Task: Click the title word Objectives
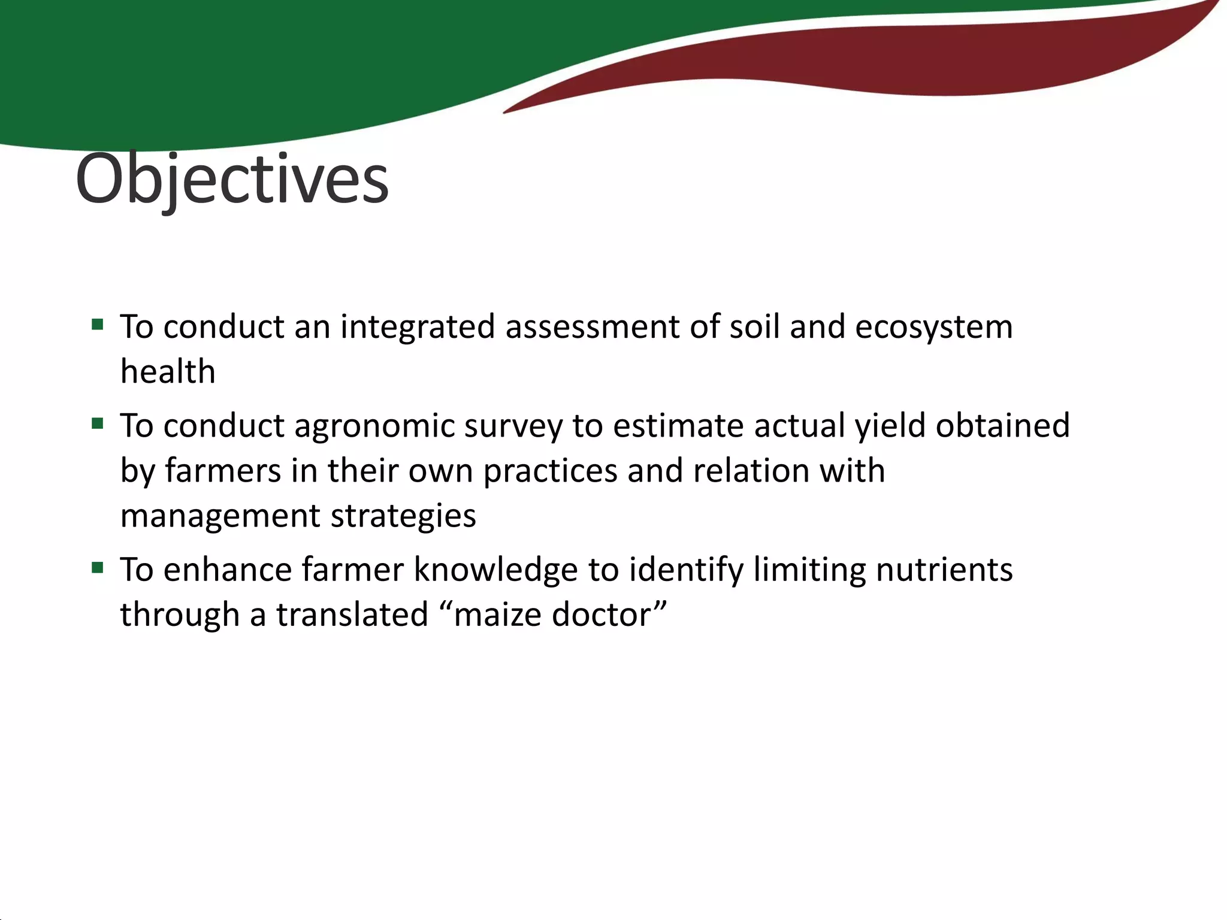coord(232,180)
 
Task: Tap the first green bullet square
coord(98,325)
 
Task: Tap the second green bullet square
coord(98,424)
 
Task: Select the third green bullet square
coord(98,567)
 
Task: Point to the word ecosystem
coord(933,328)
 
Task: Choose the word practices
coord(550,471)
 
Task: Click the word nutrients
coord(944,570)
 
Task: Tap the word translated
coord(352,615)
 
